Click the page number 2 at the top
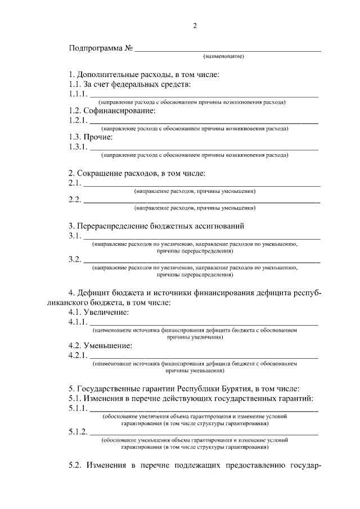(195, 25)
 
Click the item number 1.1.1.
(78, 94)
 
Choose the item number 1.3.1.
(78, 146)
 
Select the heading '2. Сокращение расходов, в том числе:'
(137, 173)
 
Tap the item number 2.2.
(74, 199)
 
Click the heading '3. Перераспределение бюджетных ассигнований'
(156, 226)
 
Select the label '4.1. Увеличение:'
(98, 312)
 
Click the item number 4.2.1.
(78, 355)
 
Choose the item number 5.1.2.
(78, 431)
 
